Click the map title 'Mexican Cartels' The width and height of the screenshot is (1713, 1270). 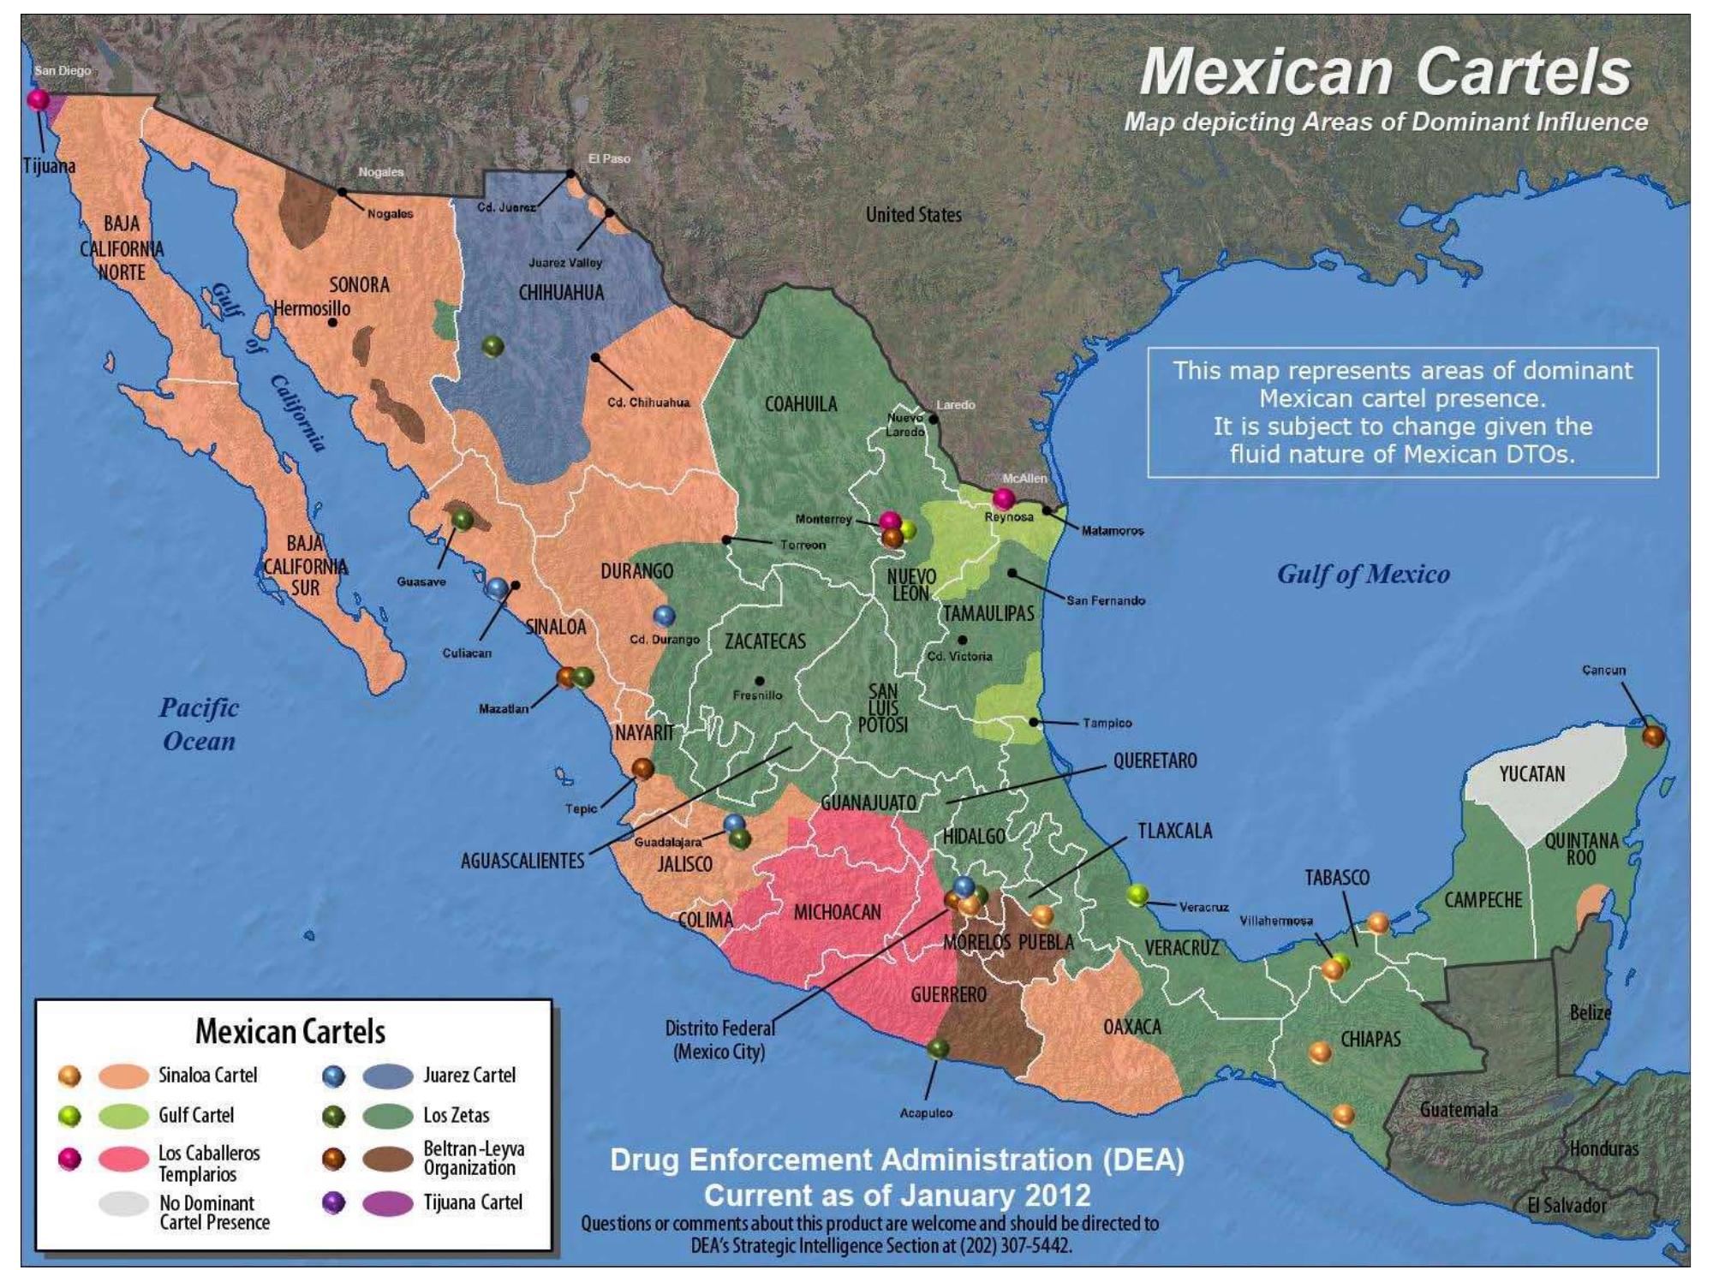click(x=1385, y=72)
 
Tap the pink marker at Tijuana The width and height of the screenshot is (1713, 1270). click(x=39, y=99)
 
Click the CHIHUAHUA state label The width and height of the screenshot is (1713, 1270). click(x=561, y=293)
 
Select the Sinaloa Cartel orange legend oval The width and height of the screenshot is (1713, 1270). click(x=124, y=1076)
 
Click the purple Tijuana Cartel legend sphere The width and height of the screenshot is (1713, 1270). click(x=333, y=1202)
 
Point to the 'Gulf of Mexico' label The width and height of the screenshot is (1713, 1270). click(x=1363, y=574)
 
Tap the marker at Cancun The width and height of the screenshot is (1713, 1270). click(x=1652, y=735)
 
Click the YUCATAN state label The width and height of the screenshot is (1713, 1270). click(x=1531, y=774)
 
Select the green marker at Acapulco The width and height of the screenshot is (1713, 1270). click(x=938, y=1048)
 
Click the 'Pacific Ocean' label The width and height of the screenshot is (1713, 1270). click(x=199, y=724)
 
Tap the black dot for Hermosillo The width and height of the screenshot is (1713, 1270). click(x=332, y=323)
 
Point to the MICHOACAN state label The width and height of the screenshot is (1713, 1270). click(x=837, y=912)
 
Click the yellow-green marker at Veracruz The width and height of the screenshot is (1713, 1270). click(x=1137, y=895)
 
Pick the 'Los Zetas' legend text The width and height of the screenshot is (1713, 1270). click(x=456, y=1116)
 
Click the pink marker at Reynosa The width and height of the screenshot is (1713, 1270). click(x=1003, y=498)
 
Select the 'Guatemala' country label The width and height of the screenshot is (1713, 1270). click(x=1459, y=1110)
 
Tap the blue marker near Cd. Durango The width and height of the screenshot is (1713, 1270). click(x=664, y=615)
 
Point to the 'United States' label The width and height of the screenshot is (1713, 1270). click(x=913, y=215)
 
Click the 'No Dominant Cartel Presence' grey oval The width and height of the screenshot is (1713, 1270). click(x=124, y=1204)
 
